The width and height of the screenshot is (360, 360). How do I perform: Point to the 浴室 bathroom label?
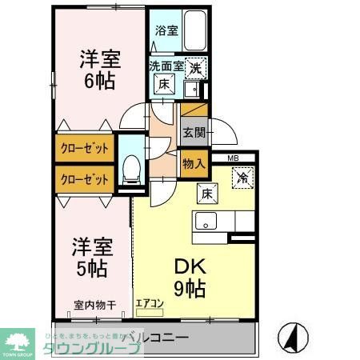166,33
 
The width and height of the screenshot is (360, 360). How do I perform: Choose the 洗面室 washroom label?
165,68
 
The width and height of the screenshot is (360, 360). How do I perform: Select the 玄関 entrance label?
193,132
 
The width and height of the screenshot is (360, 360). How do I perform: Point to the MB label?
232,158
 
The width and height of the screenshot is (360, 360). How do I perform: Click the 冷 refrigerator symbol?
242,178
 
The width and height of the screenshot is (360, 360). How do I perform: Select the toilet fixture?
132,167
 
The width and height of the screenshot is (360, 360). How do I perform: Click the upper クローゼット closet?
83,149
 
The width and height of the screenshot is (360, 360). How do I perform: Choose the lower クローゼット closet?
83,179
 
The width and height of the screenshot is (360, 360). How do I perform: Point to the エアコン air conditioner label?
150,304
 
